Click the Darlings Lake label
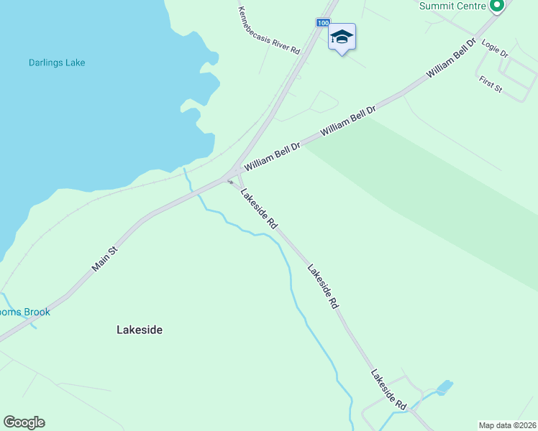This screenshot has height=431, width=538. [57, 63]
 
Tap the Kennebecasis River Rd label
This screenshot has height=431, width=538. [268, 30]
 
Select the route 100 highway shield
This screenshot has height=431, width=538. [323, 23]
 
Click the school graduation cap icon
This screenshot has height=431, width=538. [342, 37]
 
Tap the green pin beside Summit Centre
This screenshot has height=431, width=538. [496, 6]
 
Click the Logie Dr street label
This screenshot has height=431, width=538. [496, 49]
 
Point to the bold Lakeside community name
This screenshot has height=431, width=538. [140, 330]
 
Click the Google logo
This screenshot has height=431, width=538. [24, 422]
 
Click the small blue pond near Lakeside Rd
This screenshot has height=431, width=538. [444, 387]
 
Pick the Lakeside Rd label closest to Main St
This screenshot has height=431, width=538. [259, 208]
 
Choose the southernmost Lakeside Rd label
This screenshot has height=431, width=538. [389, 390]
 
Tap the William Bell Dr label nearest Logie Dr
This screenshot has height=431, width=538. [451, 59]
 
